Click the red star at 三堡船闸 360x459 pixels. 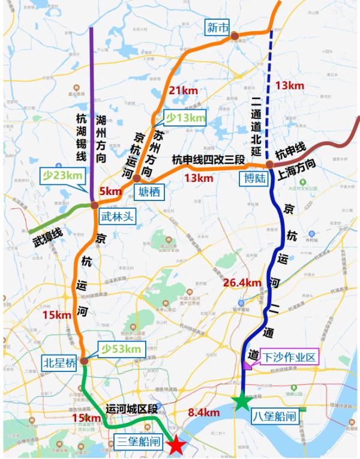coord(176,445)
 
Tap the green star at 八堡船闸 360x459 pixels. coord(241,401)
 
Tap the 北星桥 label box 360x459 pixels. coord(59,362)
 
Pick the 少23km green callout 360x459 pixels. coord(62,176)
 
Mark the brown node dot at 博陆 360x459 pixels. coord(270,164)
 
